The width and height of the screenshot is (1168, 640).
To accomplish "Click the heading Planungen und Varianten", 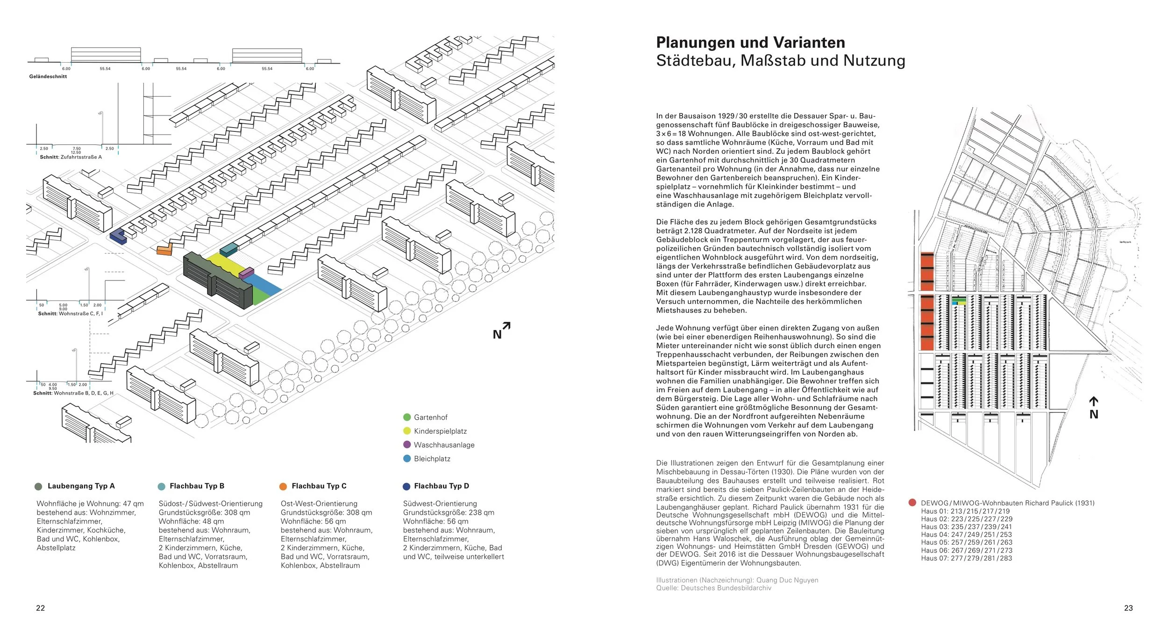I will click(x=750, y=43).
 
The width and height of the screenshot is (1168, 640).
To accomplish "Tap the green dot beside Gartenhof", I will click(x=407, y=417).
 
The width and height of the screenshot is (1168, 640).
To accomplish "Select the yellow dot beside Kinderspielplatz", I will click(x=407, y=431).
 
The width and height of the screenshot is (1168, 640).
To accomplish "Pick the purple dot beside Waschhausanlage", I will click(x=407, y=445).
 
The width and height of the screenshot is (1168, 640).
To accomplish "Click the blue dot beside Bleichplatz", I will click(x=407, y=459).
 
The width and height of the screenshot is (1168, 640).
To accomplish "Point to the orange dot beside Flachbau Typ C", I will click(x=283, y=486).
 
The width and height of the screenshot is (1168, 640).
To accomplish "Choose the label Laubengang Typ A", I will click(x=81, y=486).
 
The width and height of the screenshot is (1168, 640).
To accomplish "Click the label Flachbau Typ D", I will click(x=441, y=486).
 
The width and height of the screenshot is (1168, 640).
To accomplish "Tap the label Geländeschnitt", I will click(x=48, y=76).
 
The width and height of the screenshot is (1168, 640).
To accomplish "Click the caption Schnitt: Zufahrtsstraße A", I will click(x=71, y=157).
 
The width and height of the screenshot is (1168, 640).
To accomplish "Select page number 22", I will click(x=41, y=608).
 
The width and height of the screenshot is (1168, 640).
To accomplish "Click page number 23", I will click(x=1128, y=608).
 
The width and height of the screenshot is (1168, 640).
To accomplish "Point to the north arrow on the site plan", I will click(x=1094, y=408).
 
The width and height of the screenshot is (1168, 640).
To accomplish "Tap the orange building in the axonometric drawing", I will click(x=164, y=250).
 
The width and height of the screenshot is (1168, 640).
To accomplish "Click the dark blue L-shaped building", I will click(x=118, y=237).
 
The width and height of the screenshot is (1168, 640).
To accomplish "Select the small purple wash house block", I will click(x=246, y=273).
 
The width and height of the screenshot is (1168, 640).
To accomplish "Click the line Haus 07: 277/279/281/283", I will click(x=966, y=558).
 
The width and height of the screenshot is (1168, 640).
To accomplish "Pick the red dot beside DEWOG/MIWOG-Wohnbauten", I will click(x=912, y=503).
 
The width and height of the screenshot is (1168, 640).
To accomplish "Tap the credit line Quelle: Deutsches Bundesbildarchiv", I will click(x=713, y=588).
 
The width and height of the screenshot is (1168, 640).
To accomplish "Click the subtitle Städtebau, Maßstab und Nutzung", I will click(x=781, y=61).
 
